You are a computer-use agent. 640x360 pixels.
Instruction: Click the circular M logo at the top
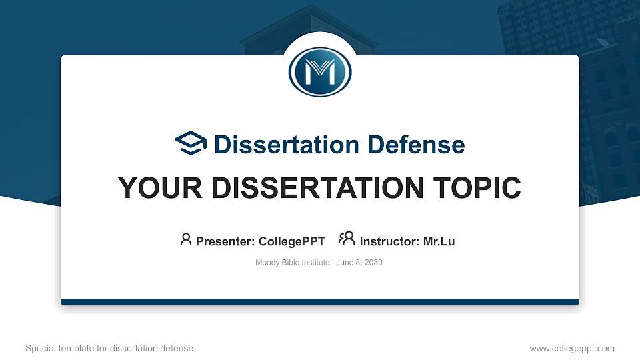(320, 72)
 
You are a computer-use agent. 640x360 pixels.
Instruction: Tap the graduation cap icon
(191, 144)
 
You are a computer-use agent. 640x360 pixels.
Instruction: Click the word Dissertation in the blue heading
(278, 145)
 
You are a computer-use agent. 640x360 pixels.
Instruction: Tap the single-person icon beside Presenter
(186, 239)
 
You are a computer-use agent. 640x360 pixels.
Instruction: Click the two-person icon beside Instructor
(347, 239)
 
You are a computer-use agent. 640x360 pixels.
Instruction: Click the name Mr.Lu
(439, 241)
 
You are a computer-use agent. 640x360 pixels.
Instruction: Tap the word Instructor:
(390, 241)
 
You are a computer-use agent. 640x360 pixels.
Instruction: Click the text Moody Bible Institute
(292, 263)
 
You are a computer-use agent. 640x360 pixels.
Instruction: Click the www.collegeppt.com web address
(572, 348)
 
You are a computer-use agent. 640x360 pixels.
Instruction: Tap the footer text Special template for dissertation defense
(109, 348)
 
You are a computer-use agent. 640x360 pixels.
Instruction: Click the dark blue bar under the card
(320, 302)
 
